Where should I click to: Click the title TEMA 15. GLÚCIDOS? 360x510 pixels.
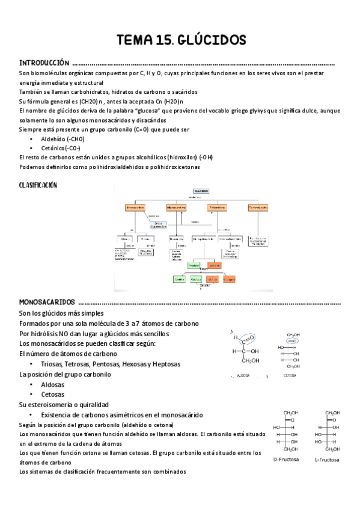coord(181,40)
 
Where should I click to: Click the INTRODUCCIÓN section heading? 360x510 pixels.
coord(44,63)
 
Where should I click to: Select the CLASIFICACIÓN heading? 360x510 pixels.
coord(38,185)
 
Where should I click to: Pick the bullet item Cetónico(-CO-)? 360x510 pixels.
coord(61,148)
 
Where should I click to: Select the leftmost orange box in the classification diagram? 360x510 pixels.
coord(135,207)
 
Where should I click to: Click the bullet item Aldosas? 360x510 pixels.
coord(52,384)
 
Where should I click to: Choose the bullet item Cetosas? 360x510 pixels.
coord(52,395)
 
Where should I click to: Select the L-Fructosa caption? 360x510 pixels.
coord(326,460)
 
